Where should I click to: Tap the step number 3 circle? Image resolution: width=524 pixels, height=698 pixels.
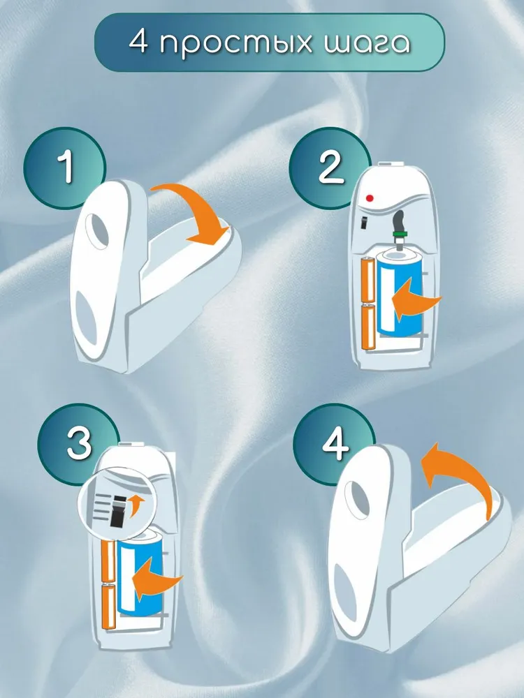tap(78, 443)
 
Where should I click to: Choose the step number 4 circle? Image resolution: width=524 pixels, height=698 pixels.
tap(335, 444)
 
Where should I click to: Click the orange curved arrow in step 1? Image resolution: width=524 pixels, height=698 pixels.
tap(196, 209)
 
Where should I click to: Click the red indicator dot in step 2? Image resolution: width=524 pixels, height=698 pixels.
tap(370, 198)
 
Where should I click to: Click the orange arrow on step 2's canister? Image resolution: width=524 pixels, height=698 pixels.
tap(414, 299)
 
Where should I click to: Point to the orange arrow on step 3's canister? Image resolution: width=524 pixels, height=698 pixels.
tap(156, 579)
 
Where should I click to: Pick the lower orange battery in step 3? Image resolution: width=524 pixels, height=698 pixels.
tap(109, 607)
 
